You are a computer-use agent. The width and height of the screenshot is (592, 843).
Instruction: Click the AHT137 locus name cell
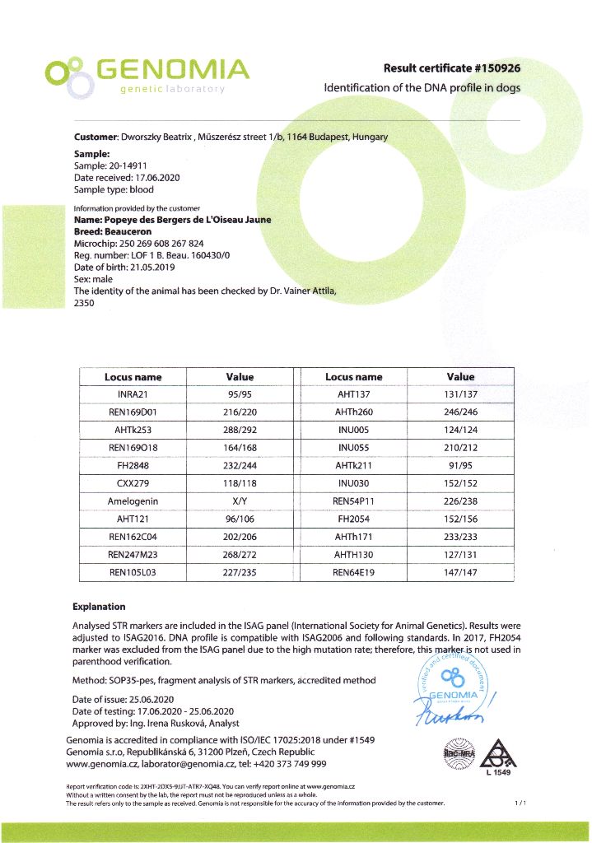point(353,394)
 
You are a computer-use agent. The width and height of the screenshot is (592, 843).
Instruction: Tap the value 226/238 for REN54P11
point(460,502)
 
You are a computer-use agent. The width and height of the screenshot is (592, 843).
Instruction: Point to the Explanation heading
point(99,607)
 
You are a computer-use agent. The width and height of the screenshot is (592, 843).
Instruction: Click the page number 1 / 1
point(520,803)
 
